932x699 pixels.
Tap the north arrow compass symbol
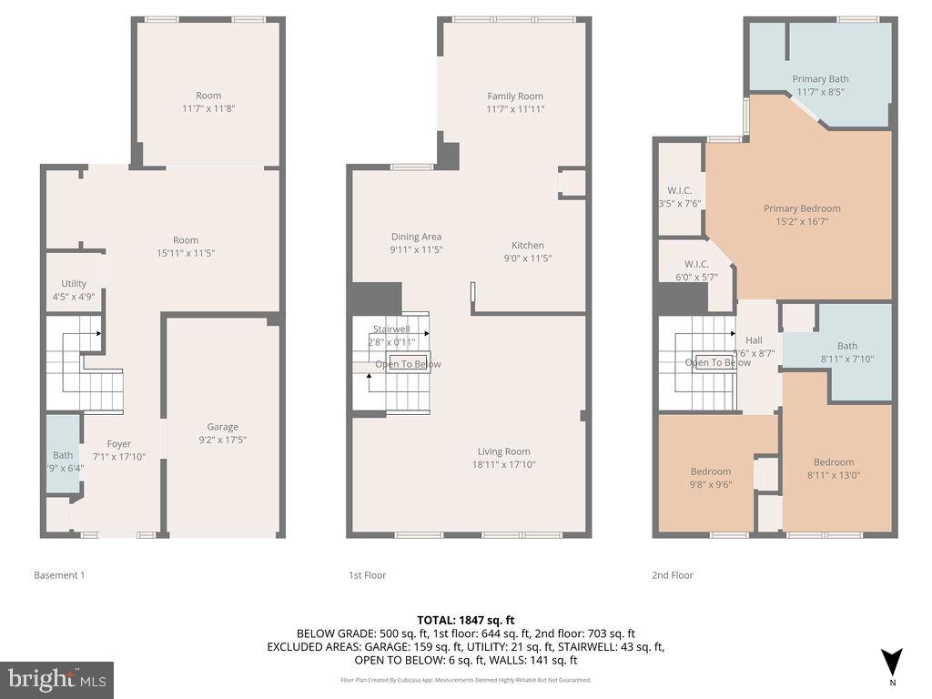coord(892,663)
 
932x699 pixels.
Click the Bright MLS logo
coord(56,679)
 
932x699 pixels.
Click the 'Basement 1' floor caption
coord(59,575)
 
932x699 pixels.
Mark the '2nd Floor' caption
coord(673,575)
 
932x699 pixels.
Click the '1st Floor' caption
coord(367,575)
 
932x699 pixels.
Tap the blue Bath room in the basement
coord(63,455)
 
